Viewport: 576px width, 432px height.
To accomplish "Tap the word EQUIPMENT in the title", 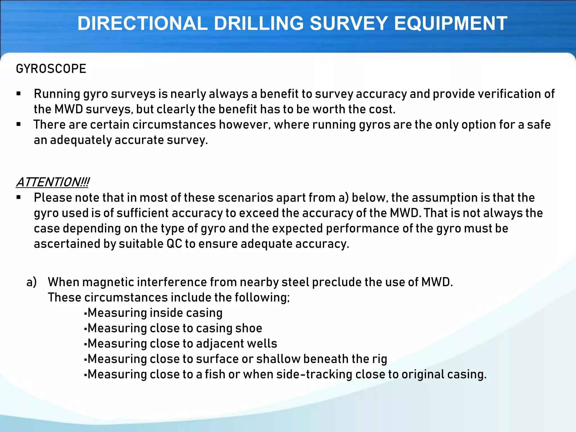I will click(451, 23).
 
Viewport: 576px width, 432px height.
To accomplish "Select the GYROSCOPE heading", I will click(51, 69).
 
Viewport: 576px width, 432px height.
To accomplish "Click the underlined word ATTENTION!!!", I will click(53, 182).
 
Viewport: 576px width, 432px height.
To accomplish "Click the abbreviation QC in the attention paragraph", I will click(174, 244).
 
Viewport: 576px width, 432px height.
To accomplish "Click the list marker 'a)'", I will click(31, 282).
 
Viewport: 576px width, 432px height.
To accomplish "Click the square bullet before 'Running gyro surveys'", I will click(19, 94).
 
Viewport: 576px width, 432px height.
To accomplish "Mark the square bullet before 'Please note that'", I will click(19, 197).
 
